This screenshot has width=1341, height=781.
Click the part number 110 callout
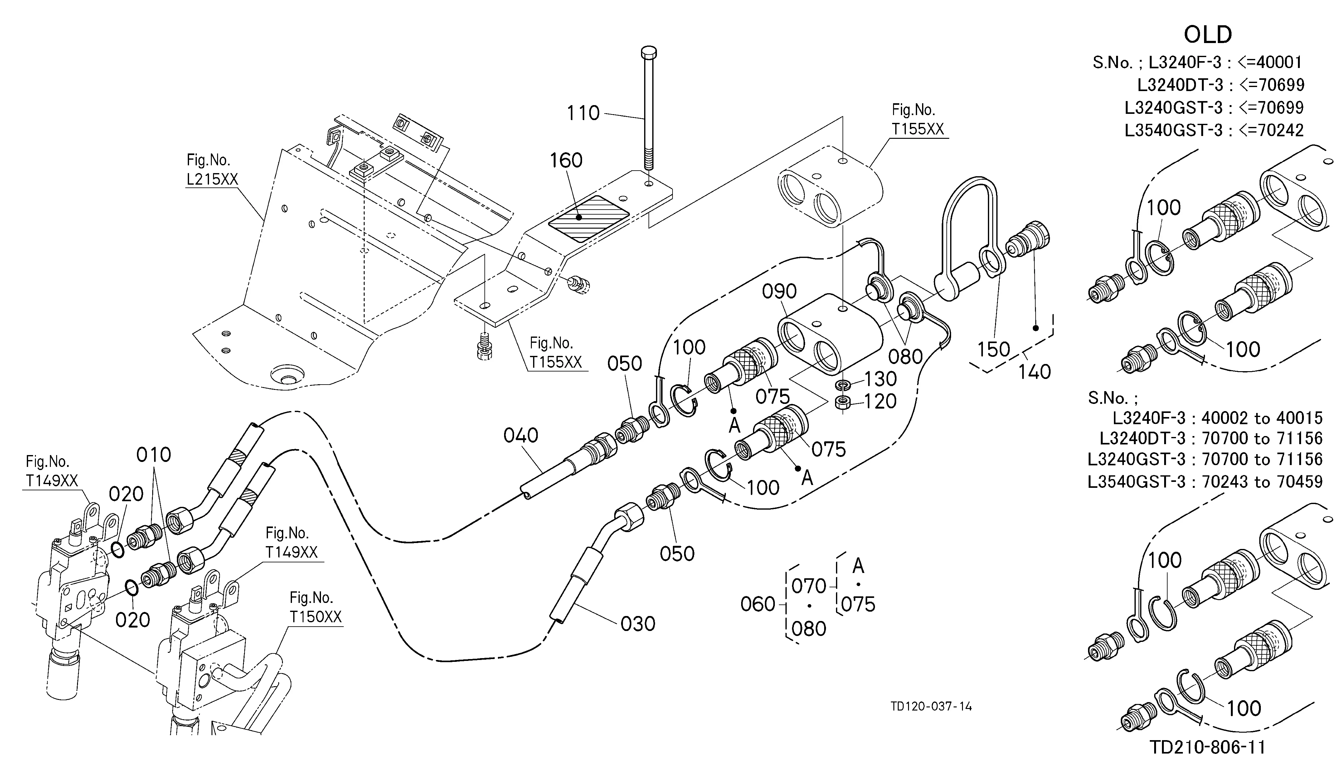583,113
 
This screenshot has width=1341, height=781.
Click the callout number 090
780,292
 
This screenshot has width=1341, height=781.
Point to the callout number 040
521,436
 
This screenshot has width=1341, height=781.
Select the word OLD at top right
1207,35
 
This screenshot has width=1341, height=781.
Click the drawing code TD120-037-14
931,706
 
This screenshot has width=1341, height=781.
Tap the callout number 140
1034,372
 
